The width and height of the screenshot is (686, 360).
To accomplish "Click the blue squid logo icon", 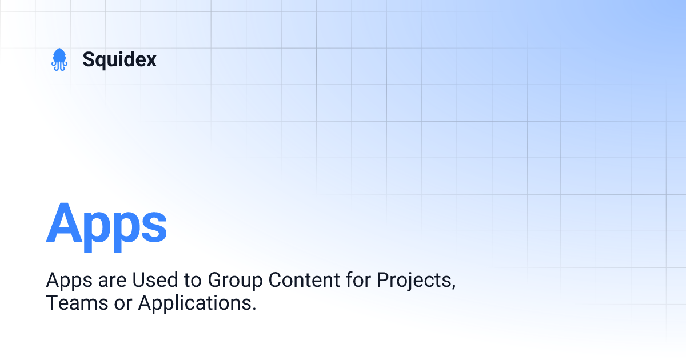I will point(59,59).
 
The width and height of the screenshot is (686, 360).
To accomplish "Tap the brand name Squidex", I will point(119,59).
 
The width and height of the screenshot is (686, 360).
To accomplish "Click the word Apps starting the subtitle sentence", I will point(65,281).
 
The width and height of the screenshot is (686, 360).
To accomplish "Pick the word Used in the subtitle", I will point(149,281).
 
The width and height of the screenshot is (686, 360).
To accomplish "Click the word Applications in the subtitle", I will point(196,303).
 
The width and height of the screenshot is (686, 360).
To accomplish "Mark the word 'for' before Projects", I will point(360,281).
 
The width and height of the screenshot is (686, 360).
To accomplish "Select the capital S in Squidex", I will point(89,59).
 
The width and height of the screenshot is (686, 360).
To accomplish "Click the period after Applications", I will point(253,309).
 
